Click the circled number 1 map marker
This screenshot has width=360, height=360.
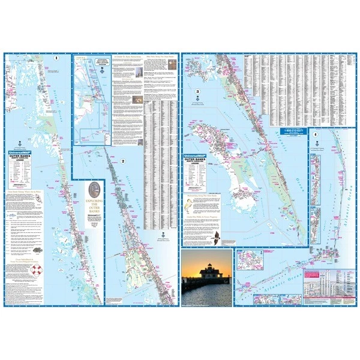tap(56, 58)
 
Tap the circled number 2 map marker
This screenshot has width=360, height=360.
tap(122, 161)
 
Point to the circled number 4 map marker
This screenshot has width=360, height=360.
tap(316, 134)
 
